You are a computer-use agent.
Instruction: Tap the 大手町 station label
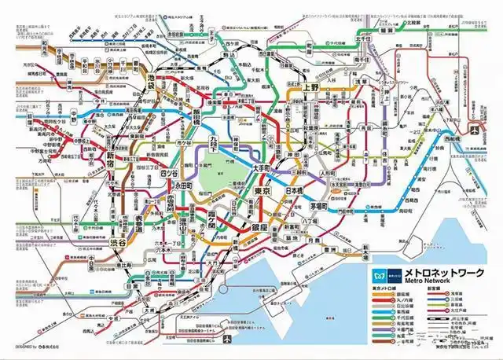tap(262, 169)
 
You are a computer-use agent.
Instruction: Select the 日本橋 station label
tap(295, 192)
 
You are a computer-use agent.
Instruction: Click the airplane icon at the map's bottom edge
tap(227, 340)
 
